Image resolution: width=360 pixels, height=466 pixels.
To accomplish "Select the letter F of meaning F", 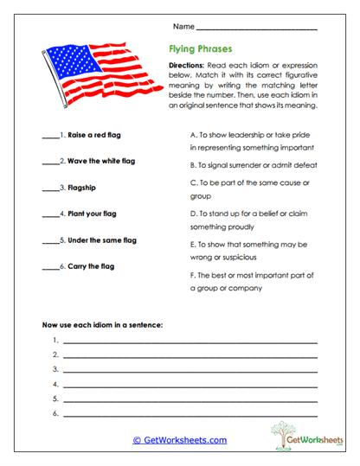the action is click(x=191, y=275).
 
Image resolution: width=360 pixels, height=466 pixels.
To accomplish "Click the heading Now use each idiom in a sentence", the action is click(x=102, y=325).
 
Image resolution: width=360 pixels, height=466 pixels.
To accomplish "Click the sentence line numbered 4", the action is click(x=190, y=385).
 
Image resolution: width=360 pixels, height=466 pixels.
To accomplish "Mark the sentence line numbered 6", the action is click(x=190, y=414).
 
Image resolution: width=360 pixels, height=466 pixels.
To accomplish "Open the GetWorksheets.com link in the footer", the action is click(x=180, y=440).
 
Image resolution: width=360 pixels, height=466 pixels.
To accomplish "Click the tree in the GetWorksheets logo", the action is click(x=281, y=432).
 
